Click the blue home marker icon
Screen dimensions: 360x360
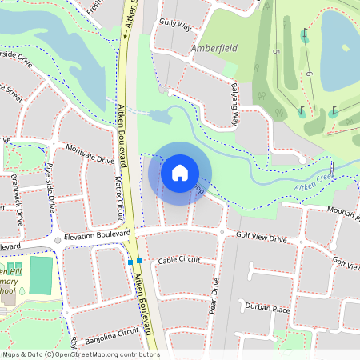pyautogui.click(x=180, y=172)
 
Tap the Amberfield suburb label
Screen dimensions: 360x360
pyautogui.click(x=216, y=49)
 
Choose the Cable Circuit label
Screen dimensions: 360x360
pyautogui.click(x=178, y=261)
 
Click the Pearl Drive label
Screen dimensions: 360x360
pyautogui.click(x=214, y=295)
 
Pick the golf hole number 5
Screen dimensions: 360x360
pyautogui.click(x=277, y=52)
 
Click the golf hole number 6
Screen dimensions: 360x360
pyautogui.click(x=306, y=74)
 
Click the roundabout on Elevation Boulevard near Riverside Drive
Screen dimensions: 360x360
pyautogui.click(x=58, y=239)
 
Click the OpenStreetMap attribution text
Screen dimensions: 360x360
pyautogui.click(x=81, y=354)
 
